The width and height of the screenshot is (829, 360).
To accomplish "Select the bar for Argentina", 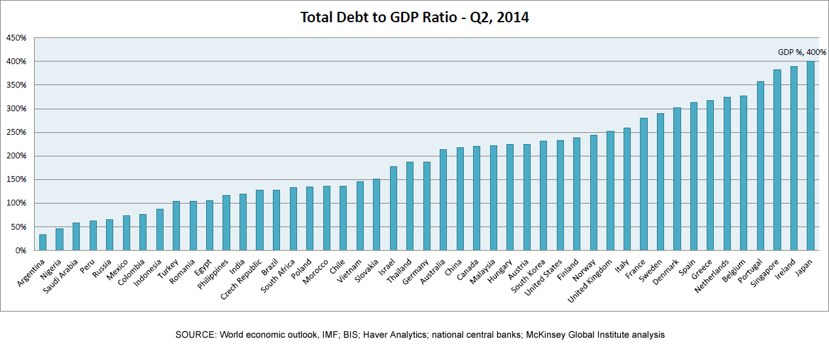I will point(43,242).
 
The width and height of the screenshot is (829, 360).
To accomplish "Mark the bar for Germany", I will point(427,206).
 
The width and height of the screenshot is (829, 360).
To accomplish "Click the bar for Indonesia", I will point(160,229).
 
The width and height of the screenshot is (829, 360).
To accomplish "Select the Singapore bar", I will point(777,160).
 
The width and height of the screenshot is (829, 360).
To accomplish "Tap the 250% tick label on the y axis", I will point(16,132).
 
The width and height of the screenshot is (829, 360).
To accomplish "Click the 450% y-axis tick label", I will point(16,38).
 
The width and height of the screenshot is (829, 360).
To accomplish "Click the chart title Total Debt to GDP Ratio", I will point(414,17).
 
